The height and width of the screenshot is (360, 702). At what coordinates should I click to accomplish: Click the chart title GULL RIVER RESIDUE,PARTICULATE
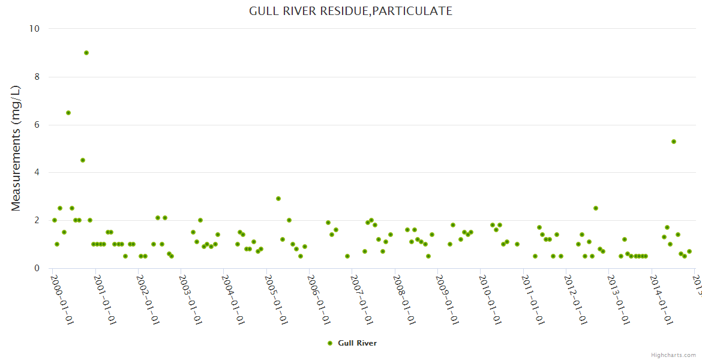[350, 11]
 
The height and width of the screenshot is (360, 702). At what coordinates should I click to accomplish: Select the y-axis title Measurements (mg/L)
[16, 148]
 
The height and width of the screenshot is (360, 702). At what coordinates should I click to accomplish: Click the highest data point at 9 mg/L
[86, 53]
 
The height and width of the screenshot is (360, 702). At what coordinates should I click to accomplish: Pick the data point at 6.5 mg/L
[68, 113]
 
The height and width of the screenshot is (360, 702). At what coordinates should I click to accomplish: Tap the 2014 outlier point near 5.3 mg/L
[674, 142]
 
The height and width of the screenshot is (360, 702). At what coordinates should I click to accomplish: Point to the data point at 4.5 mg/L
[83, 160]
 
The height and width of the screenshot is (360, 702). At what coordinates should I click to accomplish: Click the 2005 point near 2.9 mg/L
[278, 199]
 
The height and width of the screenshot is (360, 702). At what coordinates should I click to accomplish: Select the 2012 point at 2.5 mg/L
[596, 208]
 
